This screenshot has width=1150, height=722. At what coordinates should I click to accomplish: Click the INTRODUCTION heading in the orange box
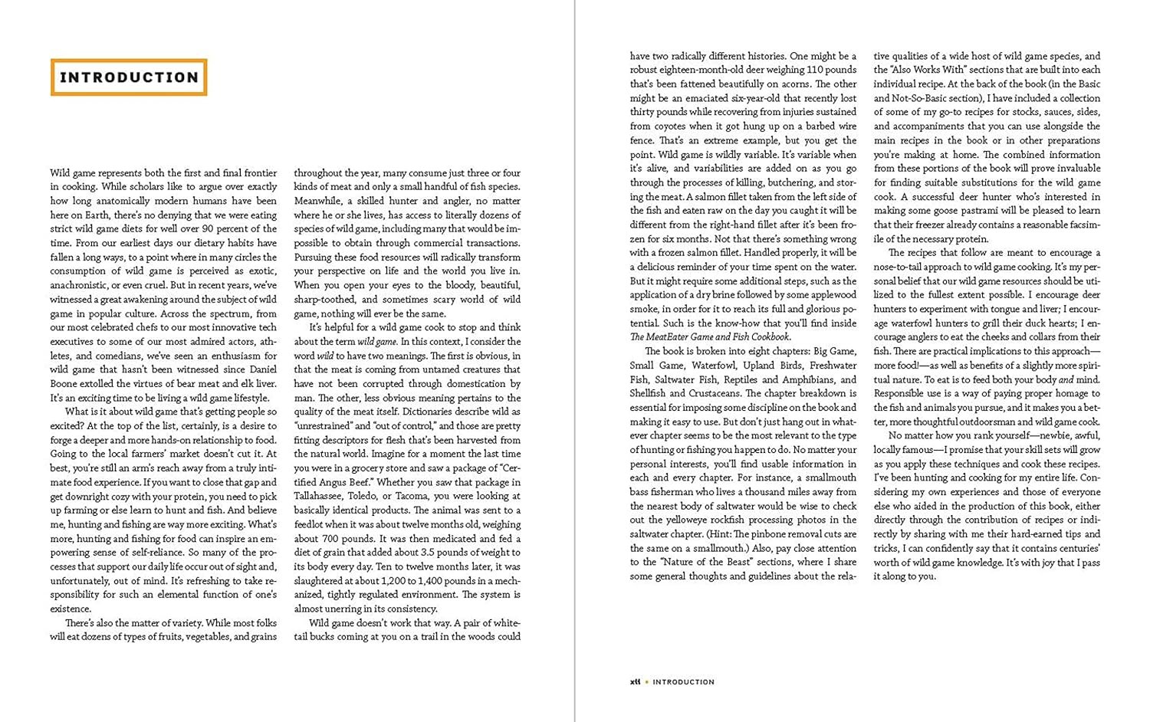pos(129,77)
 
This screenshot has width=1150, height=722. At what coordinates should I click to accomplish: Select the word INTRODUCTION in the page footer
pos(683,681)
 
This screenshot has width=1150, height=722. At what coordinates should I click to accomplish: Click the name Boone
pos(64,384)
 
